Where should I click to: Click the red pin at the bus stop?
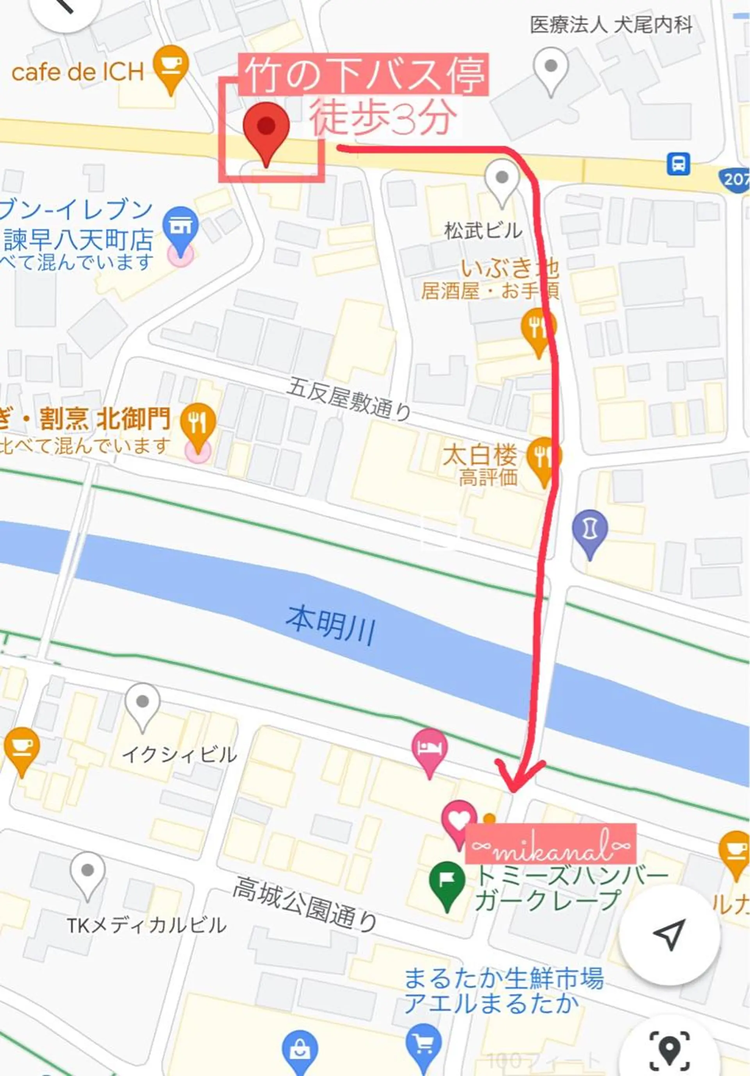(x=266, y=130)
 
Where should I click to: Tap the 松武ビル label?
(x=483, y=231)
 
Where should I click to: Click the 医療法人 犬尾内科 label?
(x=611, y=25)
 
